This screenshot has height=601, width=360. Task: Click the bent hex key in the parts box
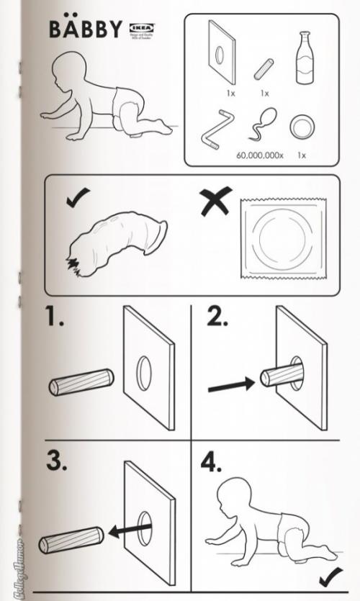[215, 130]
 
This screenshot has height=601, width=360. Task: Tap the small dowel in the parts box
[264, 70]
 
